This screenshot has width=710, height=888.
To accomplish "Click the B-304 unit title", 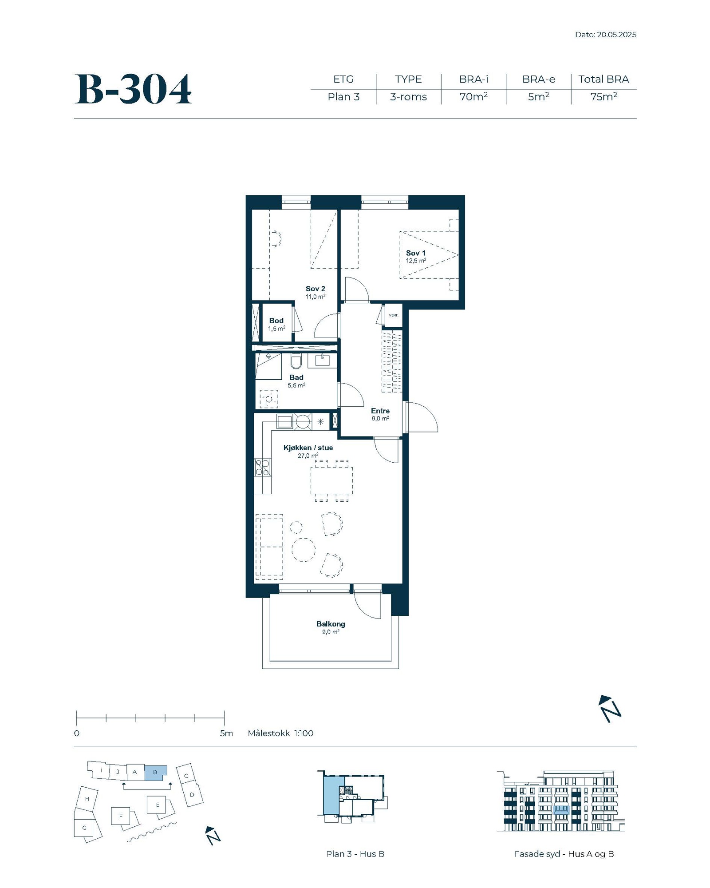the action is pyautogui.click(x=133, y=89).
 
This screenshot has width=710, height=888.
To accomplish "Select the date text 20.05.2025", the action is pyautogui.click(x=616, y=35).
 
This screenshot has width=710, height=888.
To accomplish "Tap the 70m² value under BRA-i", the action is pyautogui.click(x=473, y=96).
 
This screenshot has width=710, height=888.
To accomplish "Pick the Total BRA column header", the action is pyautogui.click(x=603, y=79).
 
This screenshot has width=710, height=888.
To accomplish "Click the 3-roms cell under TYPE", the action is pyautogui.click(x=408, y=97).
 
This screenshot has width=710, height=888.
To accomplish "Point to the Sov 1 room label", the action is pyautogui.click(x=416, y=253).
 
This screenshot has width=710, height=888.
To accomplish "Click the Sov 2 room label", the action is pyautogui.click(x=316, y=289).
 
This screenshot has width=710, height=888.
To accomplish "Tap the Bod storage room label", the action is pyautogui.click(x=276, y=321).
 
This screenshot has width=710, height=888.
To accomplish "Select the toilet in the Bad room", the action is pyautogui.click(x=296, y=361).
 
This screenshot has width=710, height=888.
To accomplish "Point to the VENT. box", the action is pyautogui.click(x=394, y=315).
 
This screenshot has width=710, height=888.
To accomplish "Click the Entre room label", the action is pyautogui.click(x=380, y=411).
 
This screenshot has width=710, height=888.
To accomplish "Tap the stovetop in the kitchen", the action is pyautogui.click(x=262, y=468).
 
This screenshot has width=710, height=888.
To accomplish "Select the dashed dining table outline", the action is pyautogui.click(x=331, y=481).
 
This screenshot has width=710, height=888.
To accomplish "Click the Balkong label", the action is pyautogui.click(x=331, y=624).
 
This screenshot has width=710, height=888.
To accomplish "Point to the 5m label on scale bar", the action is pyautogui.click(x=226, y=733).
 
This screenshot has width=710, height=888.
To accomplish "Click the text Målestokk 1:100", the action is pyautogui.click(x=280, y=733).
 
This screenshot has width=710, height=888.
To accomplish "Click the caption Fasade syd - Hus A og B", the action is pyautogui.click(x=564, y=854).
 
